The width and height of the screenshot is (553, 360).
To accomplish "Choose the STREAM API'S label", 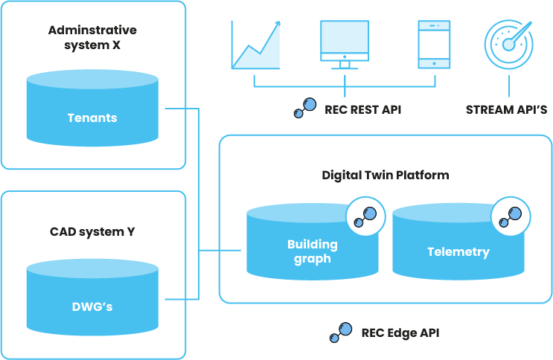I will [x=506, y=109].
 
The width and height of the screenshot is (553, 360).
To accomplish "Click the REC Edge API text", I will [x=400, y=332].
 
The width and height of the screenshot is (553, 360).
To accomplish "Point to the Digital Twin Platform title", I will [x=385, y=175].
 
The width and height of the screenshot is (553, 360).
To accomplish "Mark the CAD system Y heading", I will [x=92, y=231].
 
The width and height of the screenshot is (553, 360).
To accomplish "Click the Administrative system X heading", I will [x=92, y=36].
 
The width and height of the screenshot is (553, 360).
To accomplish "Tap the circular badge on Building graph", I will [x=365, y=216].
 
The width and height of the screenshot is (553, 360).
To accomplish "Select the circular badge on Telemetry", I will [x=511, y=216].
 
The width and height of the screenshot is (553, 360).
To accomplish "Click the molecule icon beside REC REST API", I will [x=304, y=109].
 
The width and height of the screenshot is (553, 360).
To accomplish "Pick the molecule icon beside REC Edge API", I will [x=341, y=333].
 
